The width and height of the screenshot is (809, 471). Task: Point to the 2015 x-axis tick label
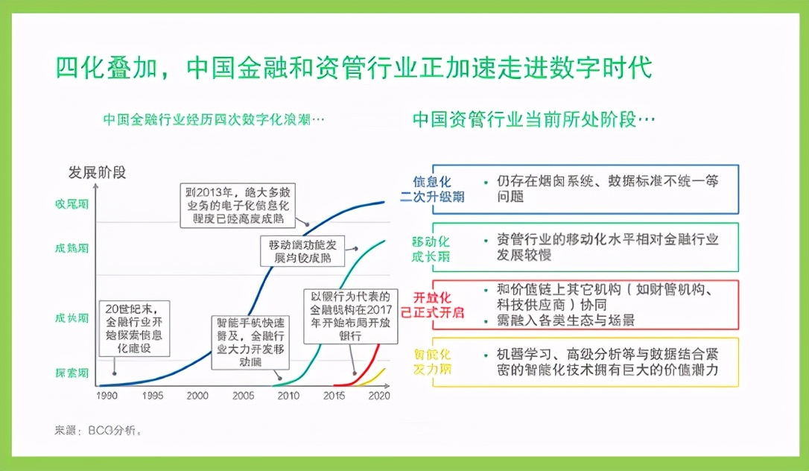click(335, 396)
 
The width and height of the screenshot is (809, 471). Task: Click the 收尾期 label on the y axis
click(72, 203)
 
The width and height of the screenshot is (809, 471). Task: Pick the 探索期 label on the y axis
click(72, 373)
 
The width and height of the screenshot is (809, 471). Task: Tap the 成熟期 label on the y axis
click(72, 248)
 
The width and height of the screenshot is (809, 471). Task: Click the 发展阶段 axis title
click(98, 173)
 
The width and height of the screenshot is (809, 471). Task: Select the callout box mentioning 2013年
click(238, 205)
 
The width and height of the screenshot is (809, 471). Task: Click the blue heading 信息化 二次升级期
click(431, 189)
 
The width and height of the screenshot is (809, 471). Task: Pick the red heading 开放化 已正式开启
click(431, 304)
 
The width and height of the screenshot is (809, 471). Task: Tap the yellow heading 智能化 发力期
click(431, 361)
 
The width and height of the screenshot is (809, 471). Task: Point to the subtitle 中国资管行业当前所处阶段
click(533, 120)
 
